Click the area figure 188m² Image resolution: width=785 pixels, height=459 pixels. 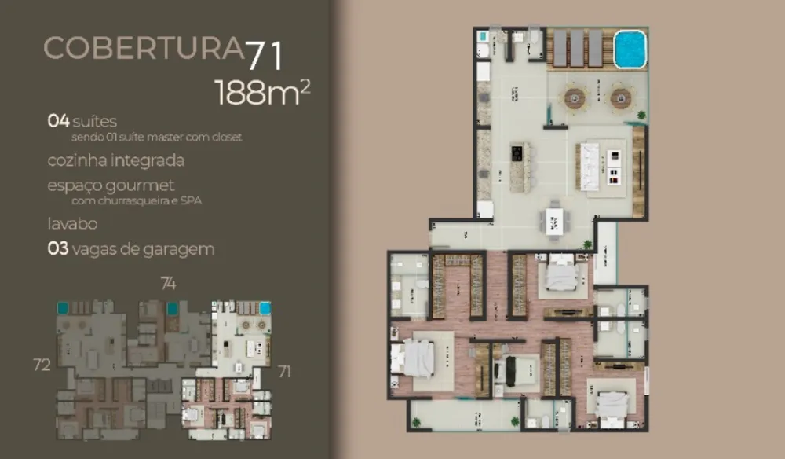pyautogui.click(x=262, y=92)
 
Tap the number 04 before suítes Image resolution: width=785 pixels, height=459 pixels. pyautogui.click(x=58, y=121)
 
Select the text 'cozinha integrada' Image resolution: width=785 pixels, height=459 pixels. pyautogui.click(x=115, y=160)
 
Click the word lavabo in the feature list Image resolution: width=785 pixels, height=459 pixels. pyautogui.click(x=71, y=223)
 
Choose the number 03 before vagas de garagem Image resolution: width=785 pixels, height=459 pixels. pyautogui.click(x=58, y=249)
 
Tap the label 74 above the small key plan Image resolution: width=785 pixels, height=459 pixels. pyautogui.click(x=168, y=283)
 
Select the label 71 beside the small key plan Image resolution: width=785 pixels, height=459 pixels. pyautogui.click(x=283, y=371)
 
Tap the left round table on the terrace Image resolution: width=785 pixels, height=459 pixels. pyautogui.click(x=574, y=98)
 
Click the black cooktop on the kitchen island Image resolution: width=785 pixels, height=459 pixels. pyautogui.click(x=517, y=152)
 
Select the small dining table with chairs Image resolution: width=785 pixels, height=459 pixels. pyautogui.click(x=555, y=219)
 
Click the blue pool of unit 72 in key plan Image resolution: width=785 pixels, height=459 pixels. pyautogui.click(x=62, y=307)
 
